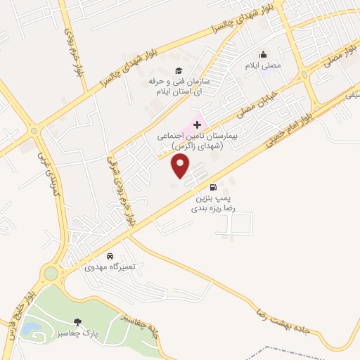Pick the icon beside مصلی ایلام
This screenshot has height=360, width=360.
click(x=264, y=54)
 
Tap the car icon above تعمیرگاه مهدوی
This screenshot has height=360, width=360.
click(x=110, y=256)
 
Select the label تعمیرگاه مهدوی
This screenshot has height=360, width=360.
click(x=103, y=268)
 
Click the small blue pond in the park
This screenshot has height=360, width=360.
click(x=31, y=328)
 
